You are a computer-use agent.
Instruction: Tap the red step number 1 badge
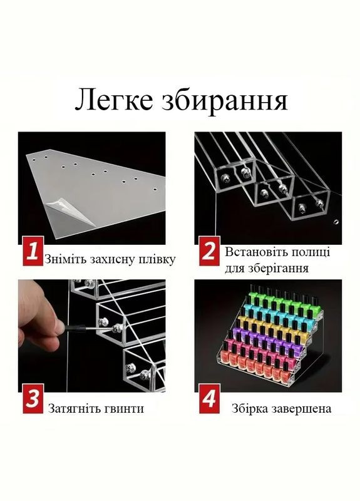32,254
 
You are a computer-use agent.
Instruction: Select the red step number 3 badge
32,401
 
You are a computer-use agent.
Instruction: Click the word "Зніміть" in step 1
65,259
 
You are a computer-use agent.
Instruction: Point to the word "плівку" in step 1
157,259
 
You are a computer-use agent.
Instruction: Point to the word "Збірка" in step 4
251,408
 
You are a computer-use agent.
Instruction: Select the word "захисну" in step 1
111,259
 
